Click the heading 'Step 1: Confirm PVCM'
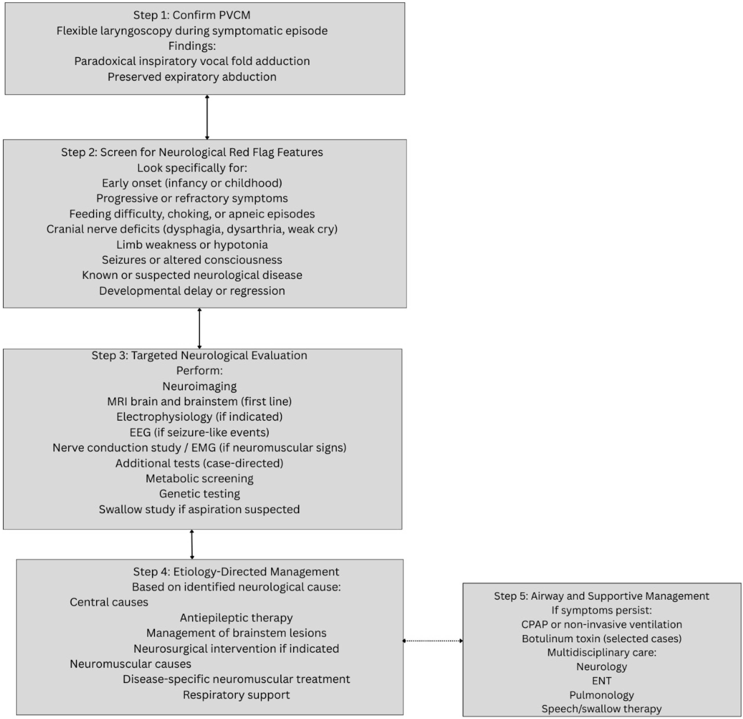[x=192, y=15]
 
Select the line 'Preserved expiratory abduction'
[x=192, y=77]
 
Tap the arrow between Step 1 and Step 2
[x=207, y=117]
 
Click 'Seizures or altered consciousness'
[x=192, y=260]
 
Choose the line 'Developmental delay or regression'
[x=192, y=291]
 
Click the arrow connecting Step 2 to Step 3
[x=199, y=328]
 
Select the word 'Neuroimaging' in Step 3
[x=199, y=386]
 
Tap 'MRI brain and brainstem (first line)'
[x=199, y=401]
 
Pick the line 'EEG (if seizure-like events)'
[x=199, y=433]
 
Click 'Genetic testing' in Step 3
[x=199, y=494]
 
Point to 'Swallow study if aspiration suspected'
[x=199, y=510]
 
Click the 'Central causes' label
[x=109, y=602]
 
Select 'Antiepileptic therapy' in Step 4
[x=236, y=618]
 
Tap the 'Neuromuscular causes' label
[x=130, y=664]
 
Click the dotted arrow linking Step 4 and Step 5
[x=433, y=641]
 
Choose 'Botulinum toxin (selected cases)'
[x=602, y=639]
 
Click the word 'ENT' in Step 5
[x=602, y=681]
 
